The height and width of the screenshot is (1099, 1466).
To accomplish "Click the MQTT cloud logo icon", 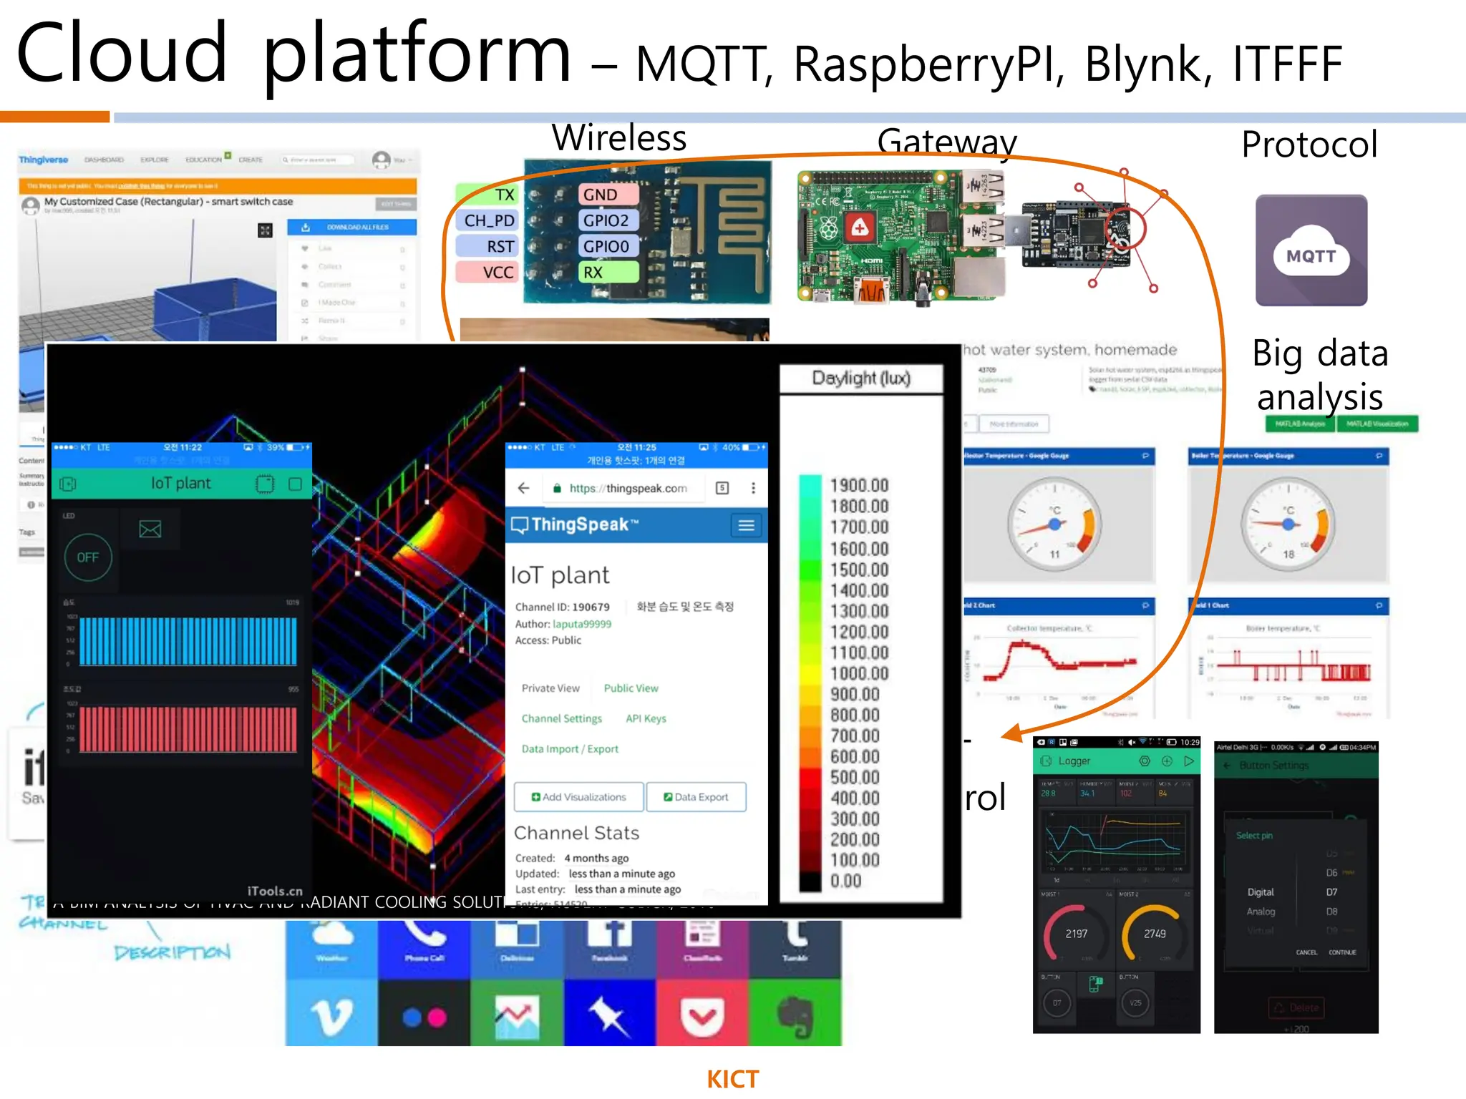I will [x=1311, y=251].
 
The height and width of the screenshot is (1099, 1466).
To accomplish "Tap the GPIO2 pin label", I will [x=606, y=220].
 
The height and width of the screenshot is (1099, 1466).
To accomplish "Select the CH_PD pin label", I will [x=488, y=220].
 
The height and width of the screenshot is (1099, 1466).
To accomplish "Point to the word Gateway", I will [x=946, y=142].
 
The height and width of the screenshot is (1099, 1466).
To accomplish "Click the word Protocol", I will [x=1309, y=145].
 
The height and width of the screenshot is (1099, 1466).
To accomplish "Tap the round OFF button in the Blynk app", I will [x=88, y=557].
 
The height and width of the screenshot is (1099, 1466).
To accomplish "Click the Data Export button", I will [x=696, y=797].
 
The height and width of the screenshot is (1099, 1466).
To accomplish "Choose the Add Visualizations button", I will [x=578, y=797].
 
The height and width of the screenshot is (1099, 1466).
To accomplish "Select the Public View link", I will [x=631, y=688].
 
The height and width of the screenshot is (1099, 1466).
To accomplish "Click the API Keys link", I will [x=646, y=718].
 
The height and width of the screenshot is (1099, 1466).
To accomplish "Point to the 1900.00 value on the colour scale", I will [x=859, y=486].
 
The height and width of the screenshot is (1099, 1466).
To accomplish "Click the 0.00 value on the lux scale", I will [x=846, y=881].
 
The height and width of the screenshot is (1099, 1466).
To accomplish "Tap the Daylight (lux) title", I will [x=861, y=378].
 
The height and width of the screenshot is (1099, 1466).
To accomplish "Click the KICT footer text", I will [x=732, y=1079].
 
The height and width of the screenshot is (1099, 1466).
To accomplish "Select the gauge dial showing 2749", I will [x=1154, y=934].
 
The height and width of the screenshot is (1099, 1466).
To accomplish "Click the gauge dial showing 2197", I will [x=1076, y=934].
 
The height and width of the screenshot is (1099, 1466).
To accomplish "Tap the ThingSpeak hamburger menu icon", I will [x=746, y=526].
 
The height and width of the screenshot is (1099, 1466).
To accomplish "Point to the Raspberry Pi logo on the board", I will [x=829, y=228].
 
